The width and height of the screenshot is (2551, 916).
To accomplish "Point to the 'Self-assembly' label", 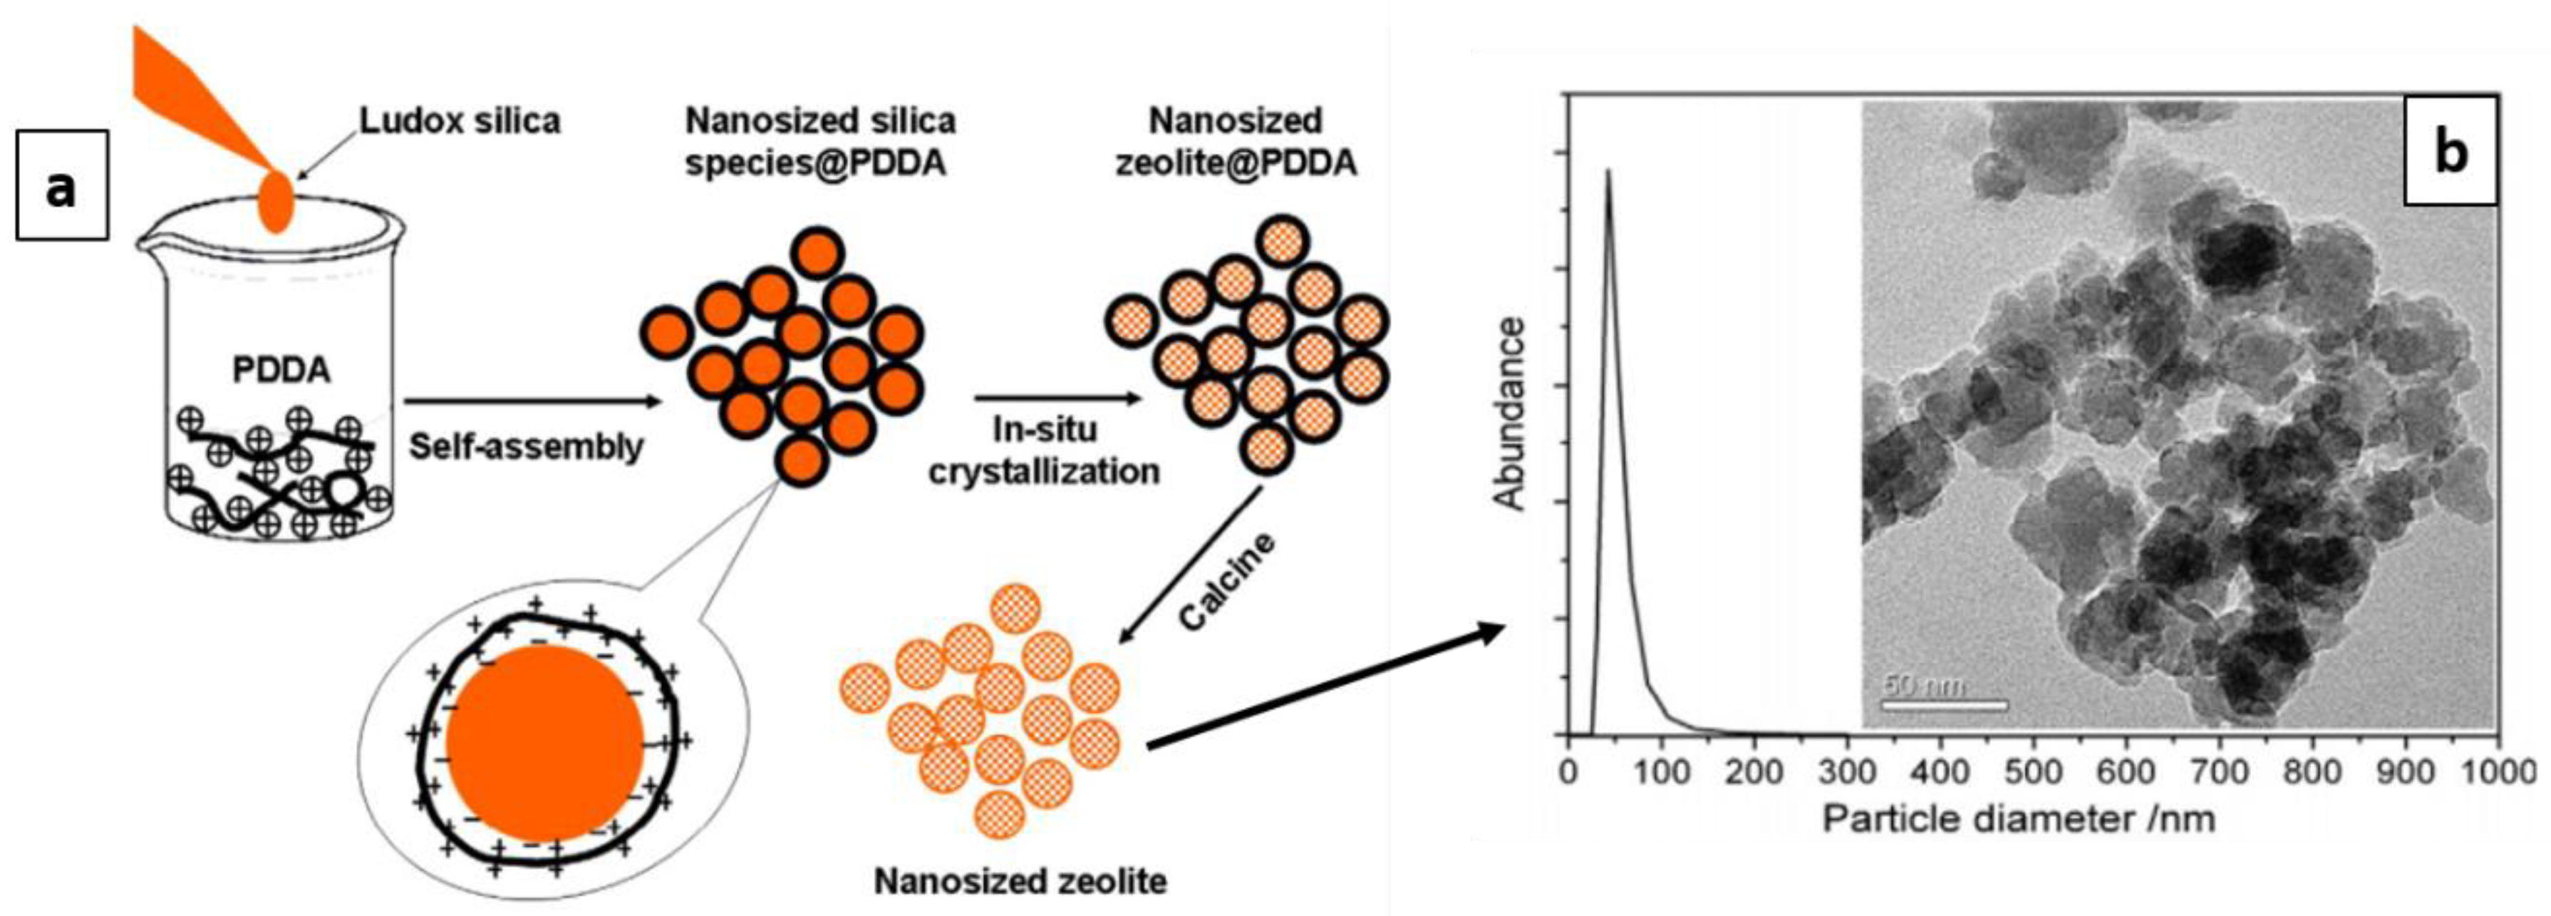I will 526,447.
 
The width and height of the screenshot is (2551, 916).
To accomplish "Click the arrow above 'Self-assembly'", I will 533,401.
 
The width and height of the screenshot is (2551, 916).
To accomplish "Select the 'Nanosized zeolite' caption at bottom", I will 1020,880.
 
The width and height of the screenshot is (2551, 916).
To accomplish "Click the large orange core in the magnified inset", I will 544,743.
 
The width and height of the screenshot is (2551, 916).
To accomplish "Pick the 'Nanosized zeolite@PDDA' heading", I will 1236,142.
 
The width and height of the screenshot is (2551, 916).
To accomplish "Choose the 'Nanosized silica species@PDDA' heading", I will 820,142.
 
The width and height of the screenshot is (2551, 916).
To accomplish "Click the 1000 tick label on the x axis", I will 2498,771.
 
